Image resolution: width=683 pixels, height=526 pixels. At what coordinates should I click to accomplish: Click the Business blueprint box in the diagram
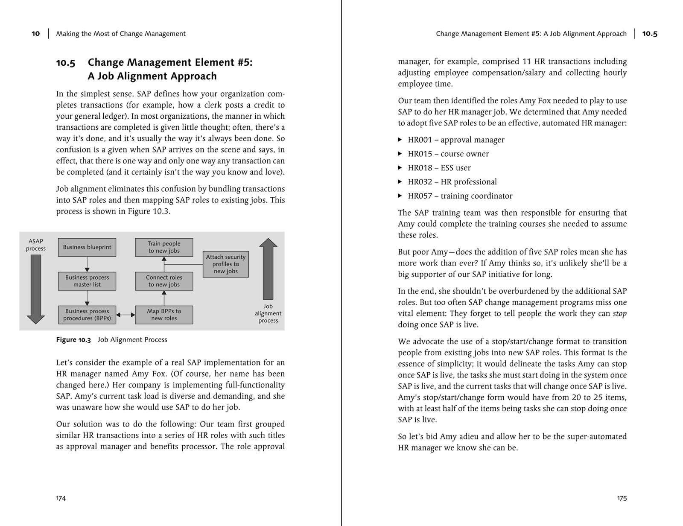click(x=87, y=247)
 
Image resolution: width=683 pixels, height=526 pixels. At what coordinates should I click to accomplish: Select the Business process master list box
click(x=87, y=281)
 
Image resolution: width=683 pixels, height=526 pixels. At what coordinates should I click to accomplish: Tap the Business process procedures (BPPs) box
click(x=87, y=315)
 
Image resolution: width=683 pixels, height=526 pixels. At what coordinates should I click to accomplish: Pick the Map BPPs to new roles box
click(x=164, y=315)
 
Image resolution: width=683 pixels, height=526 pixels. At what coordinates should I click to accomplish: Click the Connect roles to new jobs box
click(x=164, y=281)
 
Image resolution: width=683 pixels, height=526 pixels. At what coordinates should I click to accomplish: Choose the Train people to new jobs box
click(x=164, y=247)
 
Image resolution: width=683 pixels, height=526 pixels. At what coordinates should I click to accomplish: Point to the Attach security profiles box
click(x=225, y=264)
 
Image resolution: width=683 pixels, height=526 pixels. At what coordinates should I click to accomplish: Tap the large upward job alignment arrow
click(x=268, y=269)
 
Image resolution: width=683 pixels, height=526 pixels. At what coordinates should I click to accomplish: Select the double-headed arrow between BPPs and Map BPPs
click(x=126, y=315)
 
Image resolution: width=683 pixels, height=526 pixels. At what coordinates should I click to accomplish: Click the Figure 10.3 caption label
click(x=73, y=340)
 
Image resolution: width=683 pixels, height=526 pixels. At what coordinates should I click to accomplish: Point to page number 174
click(x=61, y=498)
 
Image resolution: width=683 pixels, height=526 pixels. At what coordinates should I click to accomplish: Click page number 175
click(x=622, y=498)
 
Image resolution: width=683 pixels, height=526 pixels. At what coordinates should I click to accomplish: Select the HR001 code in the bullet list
click(x=420, y=140)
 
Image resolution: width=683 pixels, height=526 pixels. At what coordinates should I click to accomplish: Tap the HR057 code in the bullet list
click(x=420, y=196)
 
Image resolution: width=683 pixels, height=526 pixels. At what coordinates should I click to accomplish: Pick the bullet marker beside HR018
click(x=400, y=168)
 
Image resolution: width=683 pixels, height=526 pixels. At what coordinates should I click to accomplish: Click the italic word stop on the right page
click(x=620, y=314)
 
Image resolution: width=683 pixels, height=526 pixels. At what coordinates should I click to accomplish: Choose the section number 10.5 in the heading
click(x=66, y=63)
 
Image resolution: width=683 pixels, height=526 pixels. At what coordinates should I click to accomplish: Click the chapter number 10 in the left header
click(x=36, y=34)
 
